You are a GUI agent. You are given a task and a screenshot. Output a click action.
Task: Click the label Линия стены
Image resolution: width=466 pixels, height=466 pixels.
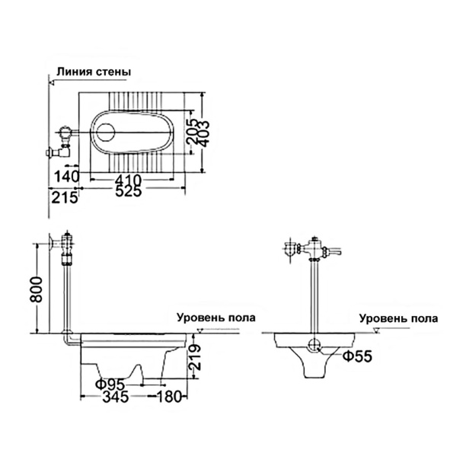pyautogui.click(x=94, y=72)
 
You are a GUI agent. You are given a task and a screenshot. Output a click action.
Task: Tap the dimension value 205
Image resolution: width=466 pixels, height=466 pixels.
pyautogui.click(x=193, y=132)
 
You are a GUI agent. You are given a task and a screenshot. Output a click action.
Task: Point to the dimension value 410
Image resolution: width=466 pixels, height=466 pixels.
pyautogui.click(x=129, y=180)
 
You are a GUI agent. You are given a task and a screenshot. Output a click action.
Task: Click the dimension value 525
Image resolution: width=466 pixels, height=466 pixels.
pyautogui.click(x=129, y=191)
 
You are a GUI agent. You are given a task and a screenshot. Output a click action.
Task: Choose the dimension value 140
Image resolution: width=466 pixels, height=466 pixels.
pyautogui.click(x=66, y=177)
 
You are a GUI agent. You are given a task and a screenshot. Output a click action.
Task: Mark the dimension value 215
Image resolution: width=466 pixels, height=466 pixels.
pyautogui.click(x=65, y=197)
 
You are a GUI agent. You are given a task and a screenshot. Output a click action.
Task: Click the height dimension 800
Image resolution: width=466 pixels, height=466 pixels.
pyautogui.click(x=36, y=289)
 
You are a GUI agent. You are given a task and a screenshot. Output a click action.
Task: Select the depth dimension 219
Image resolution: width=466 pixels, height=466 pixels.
pyautogui.click(x=195, y=357)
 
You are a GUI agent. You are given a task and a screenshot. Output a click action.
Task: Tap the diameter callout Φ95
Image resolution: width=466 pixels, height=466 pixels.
pyautogui.click(x=110, y=385)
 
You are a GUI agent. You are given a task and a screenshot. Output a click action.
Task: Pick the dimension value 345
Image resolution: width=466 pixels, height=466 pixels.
pyautogui.click(x=116, y=397)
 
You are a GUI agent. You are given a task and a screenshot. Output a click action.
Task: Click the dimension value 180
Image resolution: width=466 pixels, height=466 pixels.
pyautogui.click(x=168, y=397)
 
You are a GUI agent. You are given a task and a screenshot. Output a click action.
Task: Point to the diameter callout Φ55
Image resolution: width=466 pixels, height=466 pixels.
pyautogui.click(x=358, y=356)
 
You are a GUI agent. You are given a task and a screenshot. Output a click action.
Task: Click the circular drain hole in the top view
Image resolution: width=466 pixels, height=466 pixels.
pyautogui.click(x=106, y=132)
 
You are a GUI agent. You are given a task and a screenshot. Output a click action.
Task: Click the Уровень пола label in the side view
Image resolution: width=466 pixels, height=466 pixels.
pyautogui.click(x=216, y=318)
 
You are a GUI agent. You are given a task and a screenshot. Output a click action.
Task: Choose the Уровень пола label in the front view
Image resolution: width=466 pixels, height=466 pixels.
pyautogui.click(x=398, y=318)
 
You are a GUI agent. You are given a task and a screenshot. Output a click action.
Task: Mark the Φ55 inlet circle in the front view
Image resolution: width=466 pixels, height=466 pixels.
pyautogui.click(x=314, y=345)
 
